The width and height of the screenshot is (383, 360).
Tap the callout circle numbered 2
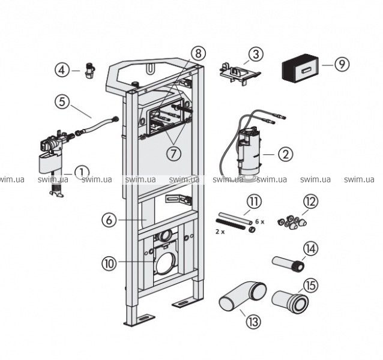tap(285, 154)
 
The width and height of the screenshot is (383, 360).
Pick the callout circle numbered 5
tap(64, 102)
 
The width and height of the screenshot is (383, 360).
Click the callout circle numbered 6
tap(109, 220)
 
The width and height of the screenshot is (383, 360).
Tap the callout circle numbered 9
tap(342, 64)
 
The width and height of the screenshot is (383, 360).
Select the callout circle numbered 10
tap(109, 262)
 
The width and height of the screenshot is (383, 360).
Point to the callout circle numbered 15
tap(310, 286)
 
